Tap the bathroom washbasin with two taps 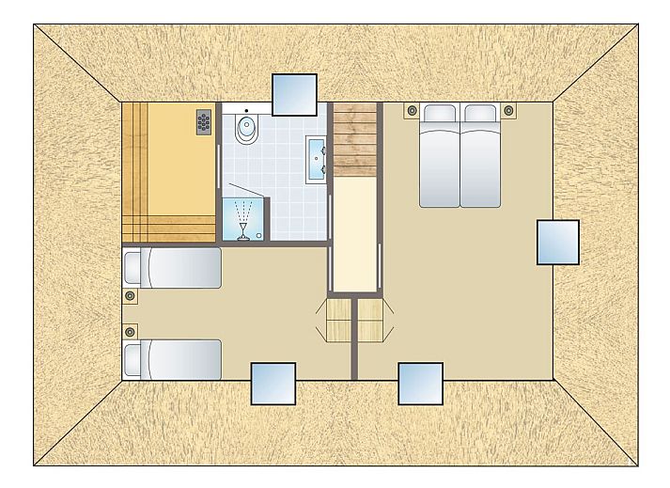(316, 156)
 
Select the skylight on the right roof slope (557, 242)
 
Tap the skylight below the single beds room (273, 384)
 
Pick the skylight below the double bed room (420, 384)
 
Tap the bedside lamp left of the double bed (411, 110)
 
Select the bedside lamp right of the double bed (508, 110)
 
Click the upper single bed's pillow (137, 267)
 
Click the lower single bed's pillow (137, 359)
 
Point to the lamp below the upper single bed (130, 296)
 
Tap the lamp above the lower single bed (130, 331)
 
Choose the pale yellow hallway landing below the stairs (355, 235)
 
